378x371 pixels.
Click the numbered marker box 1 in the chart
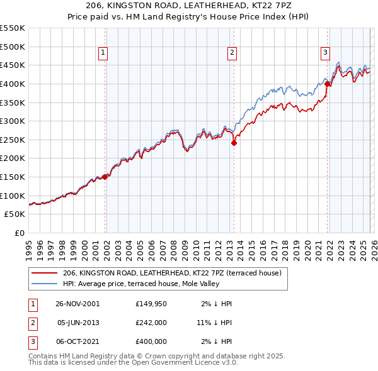103,53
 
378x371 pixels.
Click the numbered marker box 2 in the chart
232,53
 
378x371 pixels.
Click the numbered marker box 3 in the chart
326,53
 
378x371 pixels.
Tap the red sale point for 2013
234,143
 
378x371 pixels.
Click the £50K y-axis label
15,214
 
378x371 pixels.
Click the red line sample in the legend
44,273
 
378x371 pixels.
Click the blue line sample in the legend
44,284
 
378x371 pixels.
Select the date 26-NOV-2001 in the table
78,304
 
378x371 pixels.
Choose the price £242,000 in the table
151,323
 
